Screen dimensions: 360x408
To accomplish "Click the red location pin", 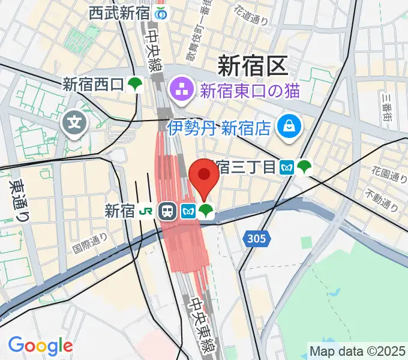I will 204,177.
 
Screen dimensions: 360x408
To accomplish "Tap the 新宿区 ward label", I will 252,65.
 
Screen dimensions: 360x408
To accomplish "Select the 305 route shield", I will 255,239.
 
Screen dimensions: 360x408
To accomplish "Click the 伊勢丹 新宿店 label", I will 220,127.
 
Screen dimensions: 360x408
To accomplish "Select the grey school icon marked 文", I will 74,124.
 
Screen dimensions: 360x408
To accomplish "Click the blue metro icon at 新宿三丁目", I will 287,167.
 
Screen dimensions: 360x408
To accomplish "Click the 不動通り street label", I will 382,202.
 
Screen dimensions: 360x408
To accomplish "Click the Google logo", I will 40,346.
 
